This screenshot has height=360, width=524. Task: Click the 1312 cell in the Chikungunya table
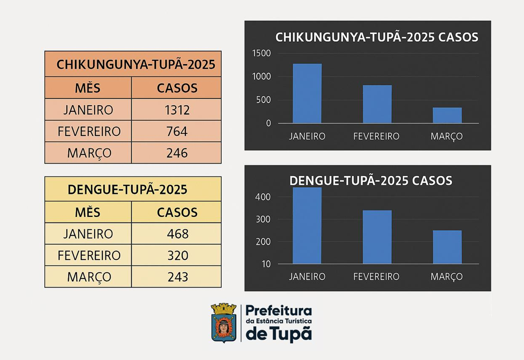coord(177,110)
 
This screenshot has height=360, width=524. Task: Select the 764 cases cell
coord(177,131)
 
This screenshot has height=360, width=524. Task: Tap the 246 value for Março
coord(177,153)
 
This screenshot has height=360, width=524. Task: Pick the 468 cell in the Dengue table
coord(177,234)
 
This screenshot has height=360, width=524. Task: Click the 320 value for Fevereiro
coord(177,255)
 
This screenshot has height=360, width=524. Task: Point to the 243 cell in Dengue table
coord(177,277)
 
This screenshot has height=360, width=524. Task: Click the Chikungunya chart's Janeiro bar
coord(307,93)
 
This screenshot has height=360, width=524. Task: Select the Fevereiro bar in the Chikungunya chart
coord(377,104)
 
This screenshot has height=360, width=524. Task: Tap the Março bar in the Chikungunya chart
coord(447,115)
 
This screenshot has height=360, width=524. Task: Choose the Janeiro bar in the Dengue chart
coord(307,226)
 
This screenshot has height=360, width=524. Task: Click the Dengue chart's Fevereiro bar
coord(377,237)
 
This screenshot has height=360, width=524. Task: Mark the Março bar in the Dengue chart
coord(447,247)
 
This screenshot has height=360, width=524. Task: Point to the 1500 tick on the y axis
coord(261,53)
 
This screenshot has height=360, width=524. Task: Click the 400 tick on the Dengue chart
coord(263,197)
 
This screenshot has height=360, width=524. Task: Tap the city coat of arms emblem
coord(224,322)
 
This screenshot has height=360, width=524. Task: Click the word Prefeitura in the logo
coord(279,311)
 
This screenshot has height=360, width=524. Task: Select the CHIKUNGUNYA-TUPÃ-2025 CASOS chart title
coord(377,37)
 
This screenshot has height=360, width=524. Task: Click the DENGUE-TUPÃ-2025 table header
coord(128,189)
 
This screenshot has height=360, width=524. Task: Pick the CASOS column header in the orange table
coord(177,88)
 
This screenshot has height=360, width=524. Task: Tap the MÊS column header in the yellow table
coord(88,212)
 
